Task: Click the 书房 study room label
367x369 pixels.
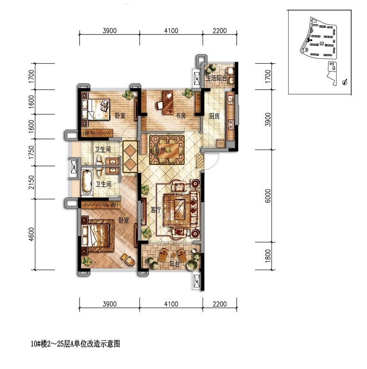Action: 181,116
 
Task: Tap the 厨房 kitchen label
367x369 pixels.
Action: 214,116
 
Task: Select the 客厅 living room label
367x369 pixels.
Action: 155,210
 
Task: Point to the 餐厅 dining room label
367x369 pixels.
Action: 160,150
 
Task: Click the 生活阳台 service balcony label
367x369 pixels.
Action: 216,78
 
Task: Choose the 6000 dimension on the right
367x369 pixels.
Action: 268,196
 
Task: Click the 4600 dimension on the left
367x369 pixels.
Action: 31,235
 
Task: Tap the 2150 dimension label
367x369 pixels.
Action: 31,182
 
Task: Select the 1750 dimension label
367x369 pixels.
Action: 31,152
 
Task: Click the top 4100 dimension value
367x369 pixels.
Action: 171,31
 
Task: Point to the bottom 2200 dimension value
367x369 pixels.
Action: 220,304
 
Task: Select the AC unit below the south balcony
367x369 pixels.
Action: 196,281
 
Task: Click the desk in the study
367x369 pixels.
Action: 168,102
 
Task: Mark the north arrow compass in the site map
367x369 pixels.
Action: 344,82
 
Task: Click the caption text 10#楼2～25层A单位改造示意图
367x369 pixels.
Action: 75,344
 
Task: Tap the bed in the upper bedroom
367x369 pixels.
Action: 96,109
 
